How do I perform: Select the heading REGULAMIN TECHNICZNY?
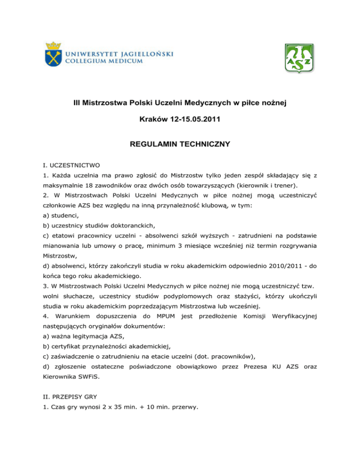180,145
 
